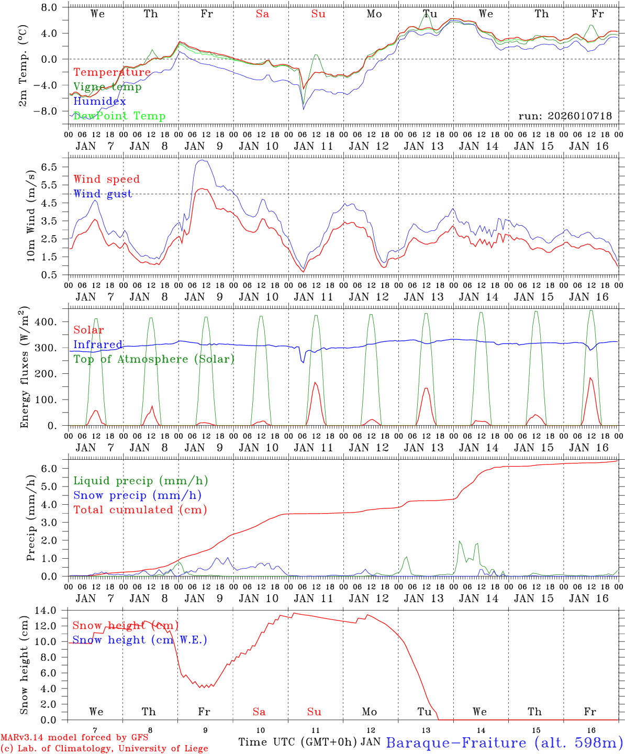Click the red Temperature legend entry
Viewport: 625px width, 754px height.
(x=112, y=72)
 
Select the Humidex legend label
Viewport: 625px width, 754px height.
(x=99, y=102)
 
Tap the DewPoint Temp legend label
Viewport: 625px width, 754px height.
(x=119, y=116)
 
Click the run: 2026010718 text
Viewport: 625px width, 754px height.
(x=565, y=116)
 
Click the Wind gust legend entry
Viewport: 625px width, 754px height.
(x=103, y=194)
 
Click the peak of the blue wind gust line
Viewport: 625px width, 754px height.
(x=202, y=160)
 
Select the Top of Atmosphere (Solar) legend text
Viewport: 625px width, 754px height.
(x=153, y=359)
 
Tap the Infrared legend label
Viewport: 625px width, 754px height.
(x=98, y=345)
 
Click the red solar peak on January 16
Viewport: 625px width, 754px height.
(x=590, y=378)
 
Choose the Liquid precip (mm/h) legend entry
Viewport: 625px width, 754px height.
(x=140, y=481)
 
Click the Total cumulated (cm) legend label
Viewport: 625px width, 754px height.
(x=140, y=510)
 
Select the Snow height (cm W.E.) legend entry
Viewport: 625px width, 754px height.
(x=139, y=640)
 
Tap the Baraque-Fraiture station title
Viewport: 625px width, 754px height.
(x=505, y=743)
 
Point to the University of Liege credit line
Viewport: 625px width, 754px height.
(x=104, y=748)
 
